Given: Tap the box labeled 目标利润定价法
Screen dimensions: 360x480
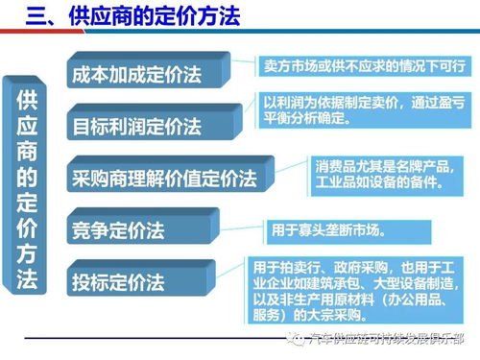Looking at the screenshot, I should click(149, 126).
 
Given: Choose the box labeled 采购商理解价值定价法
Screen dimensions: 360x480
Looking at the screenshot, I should click(163, 178).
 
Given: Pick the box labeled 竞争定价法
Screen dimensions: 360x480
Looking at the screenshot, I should click(134, 230).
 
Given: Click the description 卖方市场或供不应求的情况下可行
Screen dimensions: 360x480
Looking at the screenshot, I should click(365, 66).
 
